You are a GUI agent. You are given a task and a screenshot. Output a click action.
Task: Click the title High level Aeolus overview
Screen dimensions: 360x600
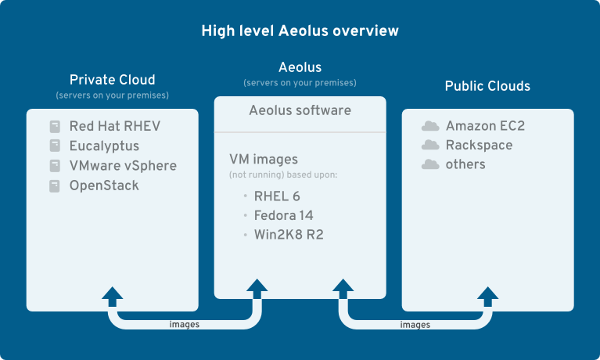click(300, 31)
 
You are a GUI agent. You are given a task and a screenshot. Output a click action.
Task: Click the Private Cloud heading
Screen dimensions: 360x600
click(113, 80)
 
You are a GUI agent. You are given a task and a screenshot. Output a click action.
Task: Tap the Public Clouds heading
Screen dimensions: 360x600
click(487, 86)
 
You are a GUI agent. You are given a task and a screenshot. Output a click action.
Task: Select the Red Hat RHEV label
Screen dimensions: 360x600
click(115, 126)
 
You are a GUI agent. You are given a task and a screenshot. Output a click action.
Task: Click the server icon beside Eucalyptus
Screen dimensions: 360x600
click(55, 146)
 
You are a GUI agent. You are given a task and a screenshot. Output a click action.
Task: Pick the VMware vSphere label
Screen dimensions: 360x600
click(123, 166)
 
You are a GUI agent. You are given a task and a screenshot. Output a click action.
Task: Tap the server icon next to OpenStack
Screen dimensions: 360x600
click(55, 186)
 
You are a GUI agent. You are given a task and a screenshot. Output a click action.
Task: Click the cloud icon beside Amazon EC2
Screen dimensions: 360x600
click(430, 126)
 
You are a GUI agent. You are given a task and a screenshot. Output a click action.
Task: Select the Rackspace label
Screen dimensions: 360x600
click(479, 146)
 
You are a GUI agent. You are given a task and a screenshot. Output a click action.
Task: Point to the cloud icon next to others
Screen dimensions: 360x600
click(430, 165)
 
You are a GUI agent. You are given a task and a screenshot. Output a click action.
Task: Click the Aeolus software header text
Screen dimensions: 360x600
click(300, 110)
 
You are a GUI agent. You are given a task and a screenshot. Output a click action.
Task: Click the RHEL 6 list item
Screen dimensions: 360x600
click(277, 196)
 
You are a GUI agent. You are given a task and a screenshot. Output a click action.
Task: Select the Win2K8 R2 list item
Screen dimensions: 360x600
click(288, 234)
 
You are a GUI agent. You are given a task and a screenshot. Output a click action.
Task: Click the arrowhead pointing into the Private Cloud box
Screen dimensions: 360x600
click(113, 295)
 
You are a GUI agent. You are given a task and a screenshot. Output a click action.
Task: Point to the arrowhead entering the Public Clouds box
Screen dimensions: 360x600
click(488, 295)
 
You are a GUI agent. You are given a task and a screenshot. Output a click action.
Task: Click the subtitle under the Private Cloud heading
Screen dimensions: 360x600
click(113, 95)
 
